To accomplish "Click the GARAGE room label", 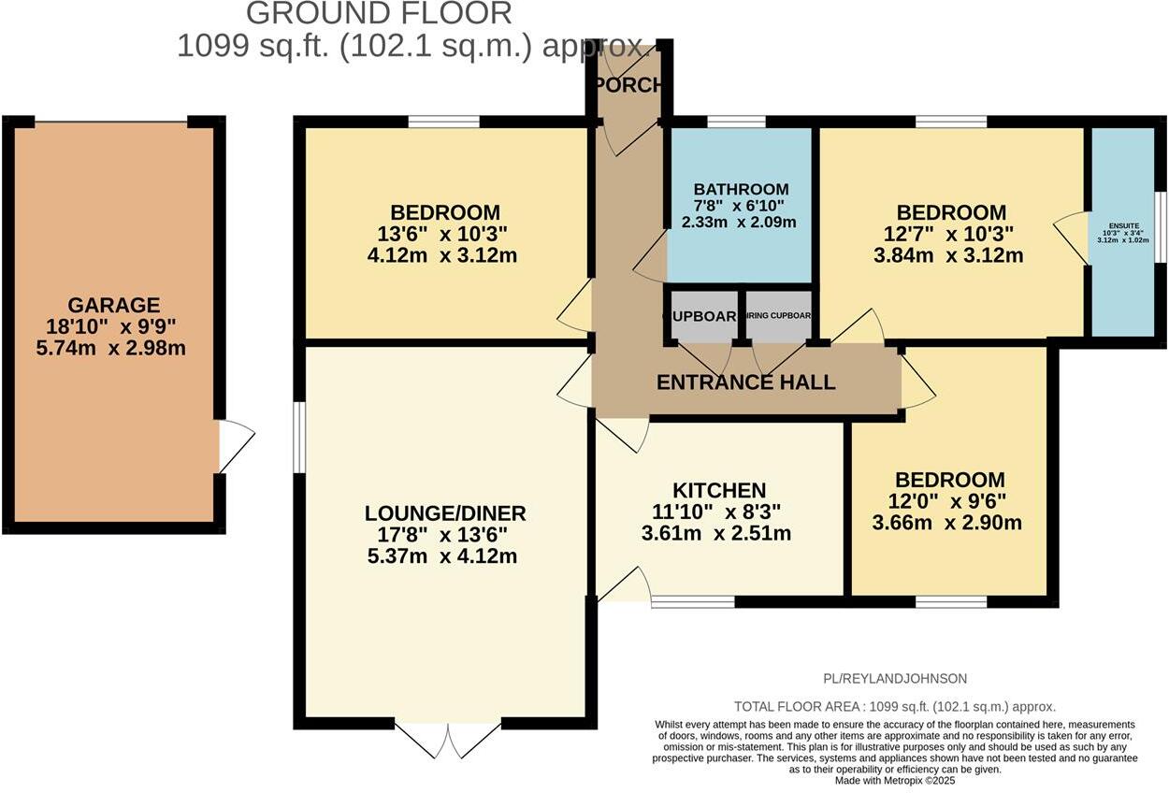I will (x=113, y=305).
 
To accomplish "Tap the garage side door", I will (x=234, y=446).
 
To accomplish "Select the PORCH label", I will (x=628, y=84).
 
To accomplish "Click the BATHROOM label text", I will (x=741, y=189).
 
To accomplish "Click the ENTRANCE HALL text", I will (x=745, y=382).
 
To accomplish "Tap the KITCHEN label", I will (x=719, y=491).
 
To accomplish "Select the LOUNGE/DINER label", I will (x=445, y=513).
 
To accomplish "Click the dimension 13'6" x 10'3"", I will (x=445, y=234).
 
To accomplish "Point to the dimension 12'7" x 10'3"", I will (x=951, y=234).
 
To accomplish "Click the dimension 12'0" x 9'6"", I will (x=951, y=501).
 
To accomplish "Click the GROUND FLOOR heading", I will (x=379, y=14).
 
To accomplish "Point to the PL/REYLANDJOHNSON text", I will (x=895, y=679).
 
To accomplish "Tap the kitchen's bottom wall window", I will (x=693, y=601).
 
